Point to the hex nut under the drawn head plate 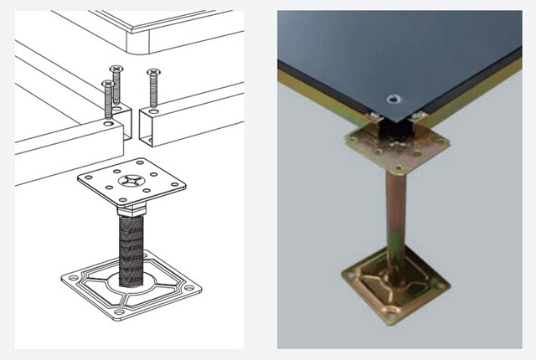click(132, 208)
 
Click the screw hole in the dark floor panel click(392, 100)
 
